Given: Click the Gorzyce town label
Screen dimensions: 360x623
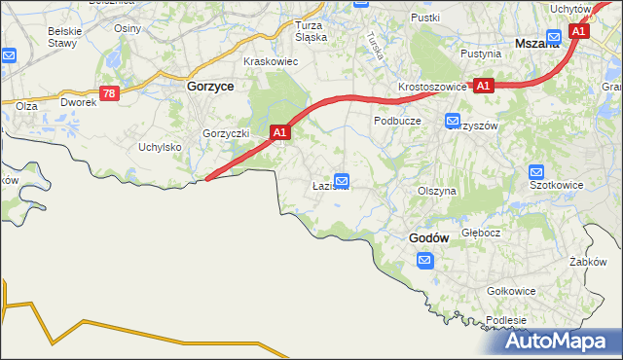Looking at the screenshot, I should coord(208,86).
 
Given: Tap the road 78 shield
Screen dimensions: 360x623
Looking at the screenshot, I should coord(109,93).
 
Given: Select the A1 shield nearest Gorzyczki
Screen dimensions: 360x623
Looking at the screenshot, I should coord(279,131).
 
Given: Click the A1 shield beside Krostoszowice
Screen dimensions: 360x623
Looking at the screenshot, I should coord(484,86).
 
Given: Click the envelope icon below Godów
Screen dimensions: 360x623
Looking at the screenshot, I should coord(425,260).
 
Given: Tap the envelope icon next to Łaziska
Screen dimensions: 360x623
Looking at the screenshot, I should coord(342,180).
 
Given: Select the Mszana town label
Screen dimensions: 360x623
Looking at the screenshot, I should coord(536,43).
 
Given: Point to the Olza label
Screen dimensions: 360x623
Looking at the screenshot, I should coord(26,104).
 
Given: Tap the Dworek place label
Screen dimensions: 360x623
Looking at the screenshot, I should coord(78,101).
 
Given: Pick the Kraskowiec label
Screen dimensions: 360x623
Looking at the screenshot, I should coord(271,60).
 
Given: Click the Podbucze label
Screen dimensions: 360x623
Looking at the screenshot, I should coord(397,121).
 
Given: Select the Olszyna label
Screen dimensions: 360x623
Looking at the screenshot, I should coord(436,192).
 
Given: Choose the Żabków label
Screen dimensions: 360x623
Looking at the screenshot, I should coord(589,261).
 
